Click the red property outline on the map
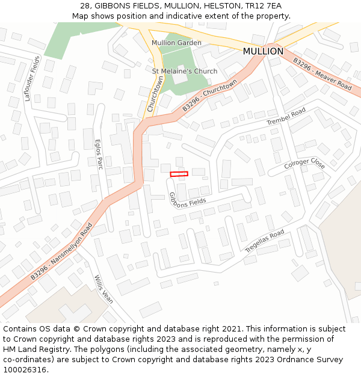pyautogui.click(x=179, y=174)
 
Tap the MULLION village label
pyautogui.click(x=263, y=52)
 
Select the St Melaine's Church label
pyautogui.click(x=185, y=72)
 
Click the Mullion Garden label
pyautogui.click(x=176, y=43)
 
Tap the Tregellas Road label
pyautogui.click(x=265, y=241)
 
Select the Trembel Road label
pyautogui.click(x=286, y=117)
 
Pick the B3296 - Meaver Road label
pyautogui.click(x=322, y=74)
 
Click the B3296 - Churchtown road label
pyautogui.click(x=209, y=95)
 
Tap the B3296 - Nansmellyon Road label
pyautogui.click(x=61, y=251)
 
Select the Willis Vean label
pyautogui.click(x=103, y=290)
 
